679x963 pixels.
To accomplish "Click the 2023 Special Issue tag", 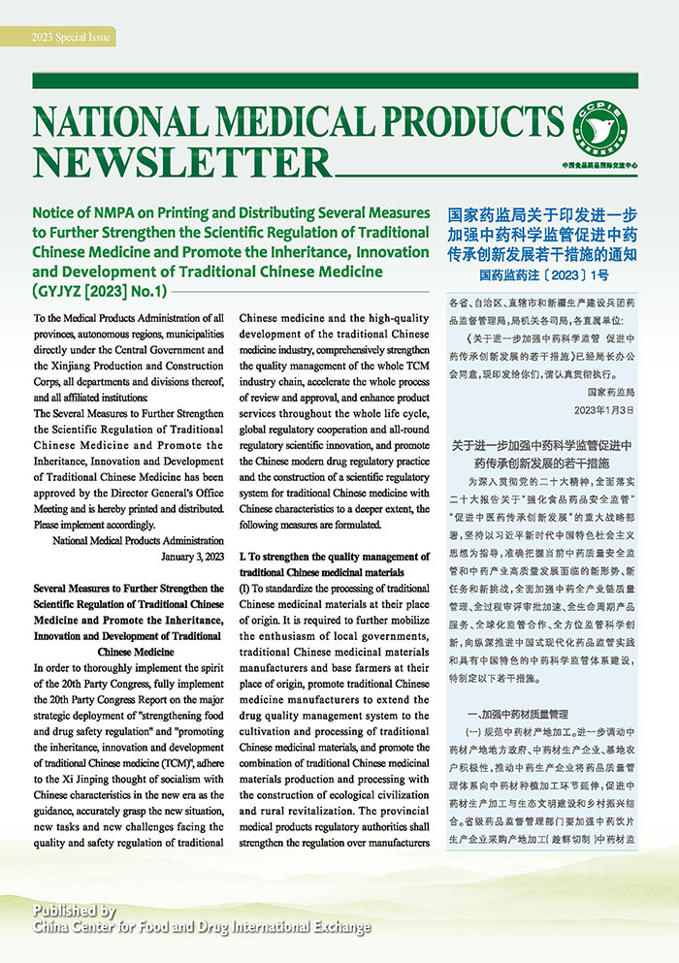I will click(x=73, y=38).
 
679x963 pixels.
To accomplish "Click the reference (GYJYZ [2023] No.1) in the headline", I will click(x=102, y=290).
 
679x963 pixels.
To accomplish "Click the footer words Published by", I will click(x=75, y=911).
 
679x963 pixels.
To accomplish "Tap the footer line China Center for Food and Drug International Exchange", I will click(x=202, y=928).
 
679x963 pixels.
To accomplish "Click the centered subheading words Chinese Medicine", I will click(x=130, y=652).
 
